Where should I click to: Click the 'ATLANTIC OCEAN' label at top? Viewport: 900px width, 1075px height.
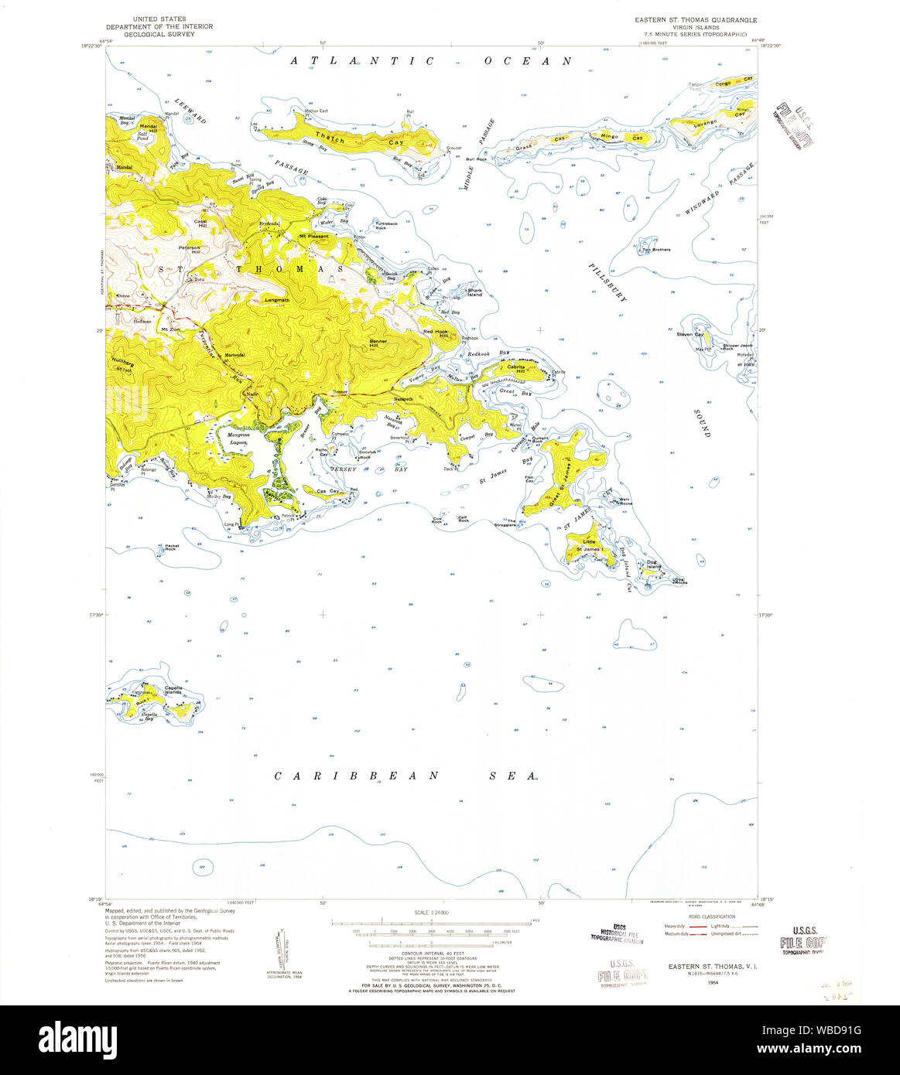tap(432, 61)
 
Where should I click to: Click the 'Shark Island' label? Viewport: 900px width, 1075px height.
tap(474, 292)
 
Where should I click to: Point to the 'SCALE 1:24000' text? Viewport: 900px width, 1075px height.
tap(432, 913)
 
